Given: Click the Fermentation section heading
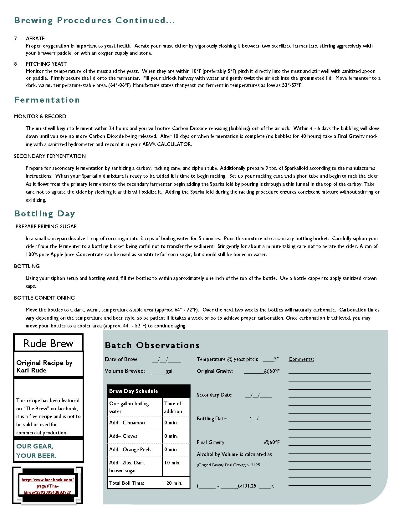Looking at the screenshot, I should (x=47, y=100).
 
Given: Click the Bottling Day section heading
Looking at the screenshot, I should (x=44, y=214).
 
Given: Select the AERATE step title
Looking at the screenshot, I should (x=35, y=38).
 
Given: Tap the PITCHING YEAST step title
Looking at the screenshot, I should (x=46, y=64).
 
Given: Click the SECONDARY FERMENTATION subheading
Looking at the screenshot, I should (x=50, y=156).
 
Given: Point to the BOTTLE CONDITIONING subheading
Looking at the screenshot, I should (x=44, y=298).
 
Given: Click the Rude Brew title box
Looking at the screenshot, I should (x=48, y=343).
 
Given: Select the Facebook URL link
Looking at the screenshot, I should (x=48, y=486).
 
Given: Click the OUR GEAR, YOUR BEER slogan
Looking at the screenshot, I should (x=36, y=451).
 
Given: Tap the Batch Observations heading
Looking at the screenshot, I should (x=152, y=345).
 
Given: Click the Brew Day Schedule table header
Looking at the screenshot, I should (x=134, y=391).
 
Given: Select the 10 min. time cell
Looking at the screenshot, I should (x=172, y=463).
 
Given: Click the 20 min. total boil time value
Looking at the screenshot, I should (x=174, y=483).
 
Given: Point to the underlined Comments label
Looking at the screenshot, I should (x=301, y=359).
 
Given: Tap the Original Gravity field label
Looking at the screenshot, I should (x=215, y=371).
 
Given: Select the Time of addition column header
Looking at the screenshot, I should (x=173, y=407).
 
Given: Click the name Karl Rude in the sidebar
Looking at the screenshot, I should (x=31, y=370).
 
